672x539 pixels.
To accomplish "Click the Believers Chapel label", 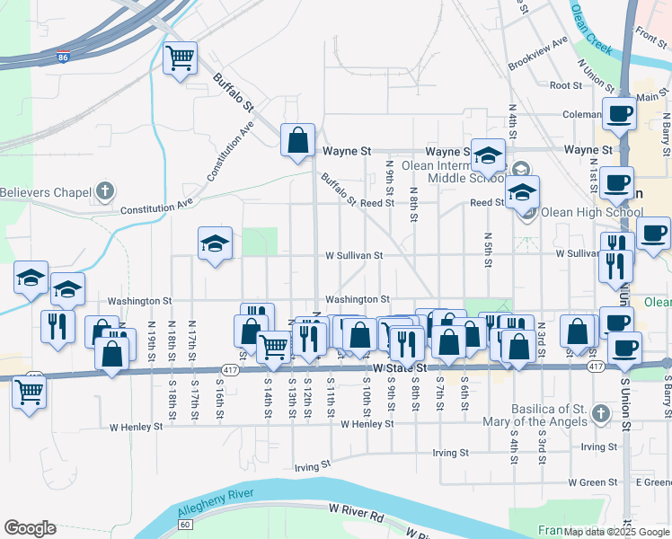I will tap(46, 192).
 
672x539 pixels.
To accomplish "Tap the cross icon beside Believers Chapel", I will tap(105, 190).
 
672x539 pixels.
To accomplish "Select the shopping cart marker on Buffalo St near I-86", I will tap(181, 58).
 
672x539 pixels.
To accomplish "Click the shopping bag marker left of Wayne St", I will tap(297, 141).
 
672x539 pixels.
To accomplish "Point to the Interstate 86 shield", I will tap(62, 57).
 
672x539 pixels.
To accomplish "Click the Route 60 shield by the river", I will tap(185, 524).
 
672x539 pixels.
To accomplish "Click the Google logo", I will tap(30, 528).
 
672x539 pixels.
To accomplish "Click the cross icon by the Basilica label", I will tap(600, 413).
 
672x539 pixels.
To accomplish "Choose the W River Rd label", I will tap(356, 512).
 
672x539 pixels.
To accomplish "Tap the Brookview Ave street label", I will tap(537, 54).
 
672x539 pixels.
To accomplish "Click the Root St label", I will tap(566, 85).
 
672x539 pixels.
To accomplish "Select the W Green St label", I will tap(589, 482).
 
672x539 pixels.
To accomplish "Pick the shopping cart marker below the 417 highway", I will tap(30, 392).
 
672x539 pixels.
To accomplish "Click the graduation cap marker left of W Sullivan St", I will tap(215, 243).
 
